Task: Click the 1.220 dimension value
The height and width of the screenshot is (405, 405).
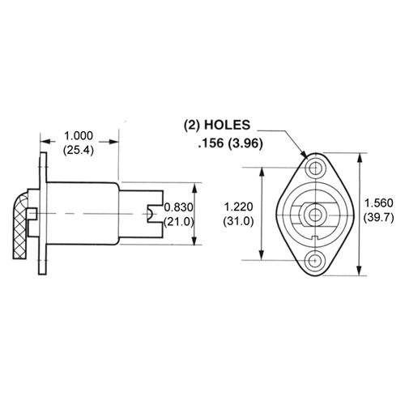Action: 238,208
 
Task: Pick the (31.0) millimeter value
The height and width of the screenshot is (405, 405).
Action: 238,221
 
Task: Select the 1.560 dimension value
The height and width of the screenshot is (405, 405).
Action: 381,202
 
